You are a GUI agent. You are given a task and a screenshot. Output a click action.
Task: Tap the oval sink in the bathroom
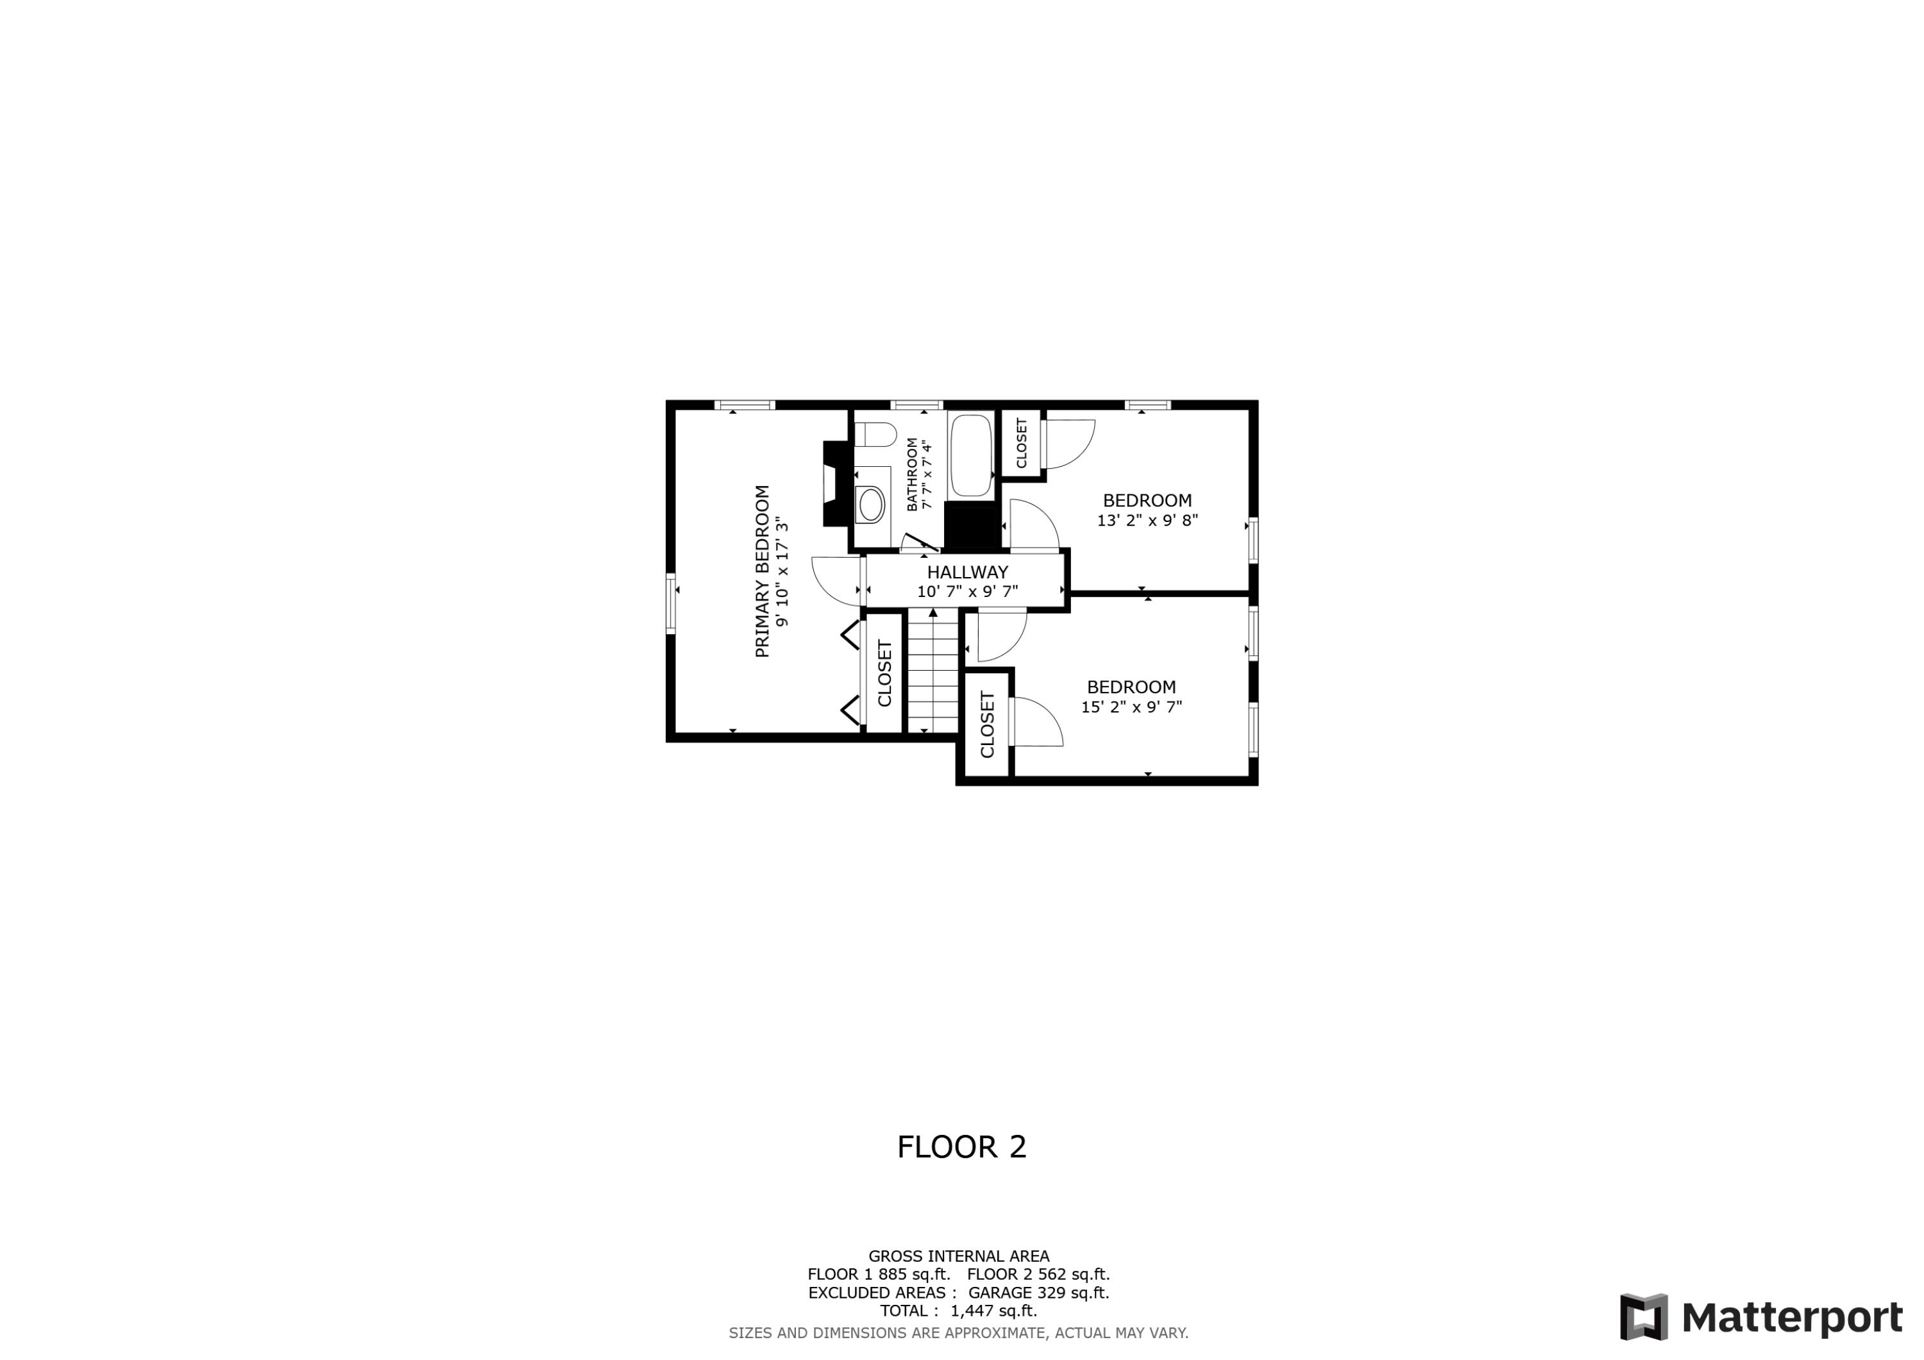(871, 505)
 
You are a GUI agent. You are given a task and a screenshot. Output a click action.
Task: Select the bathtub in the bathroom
(970, 456)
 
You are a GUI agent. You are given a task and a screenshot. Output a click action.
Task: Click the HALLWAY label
(967, 573)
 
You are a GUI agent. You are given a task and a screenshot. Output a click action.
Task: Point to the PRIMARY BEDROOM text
(762, 571)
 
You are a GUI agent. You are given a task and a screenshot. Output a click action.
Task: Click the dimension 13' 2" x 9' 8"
(1147, 521)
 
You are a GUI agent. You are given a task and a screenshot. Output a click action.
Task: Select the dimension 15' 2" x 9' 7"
(1131, 707)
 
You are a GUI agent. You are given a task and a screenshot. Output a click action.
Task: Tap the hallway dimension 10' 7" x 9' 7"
(967, 592)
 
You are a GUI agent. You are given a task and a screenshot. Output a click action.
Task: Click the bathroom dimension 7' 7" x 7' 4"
(926, 474)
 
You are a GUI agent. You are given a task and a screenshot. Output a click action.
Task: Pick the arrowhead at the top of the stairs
(932, 612)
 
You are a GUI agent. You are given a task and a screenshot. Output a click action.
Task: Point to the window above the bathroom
(916, 406)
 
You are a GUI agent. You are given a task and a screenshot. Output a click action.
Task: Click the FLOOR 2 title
(961, 1147)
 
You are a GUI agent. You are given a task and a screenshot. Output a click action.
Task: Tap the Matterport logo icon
(1643, 1317)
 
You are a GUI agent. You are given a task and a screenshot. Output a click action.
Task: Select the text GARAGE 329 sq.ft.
(1038, 1293)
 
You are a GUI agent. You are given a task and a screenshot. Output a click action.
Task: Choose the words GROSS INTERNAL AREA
(959, 1256)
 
